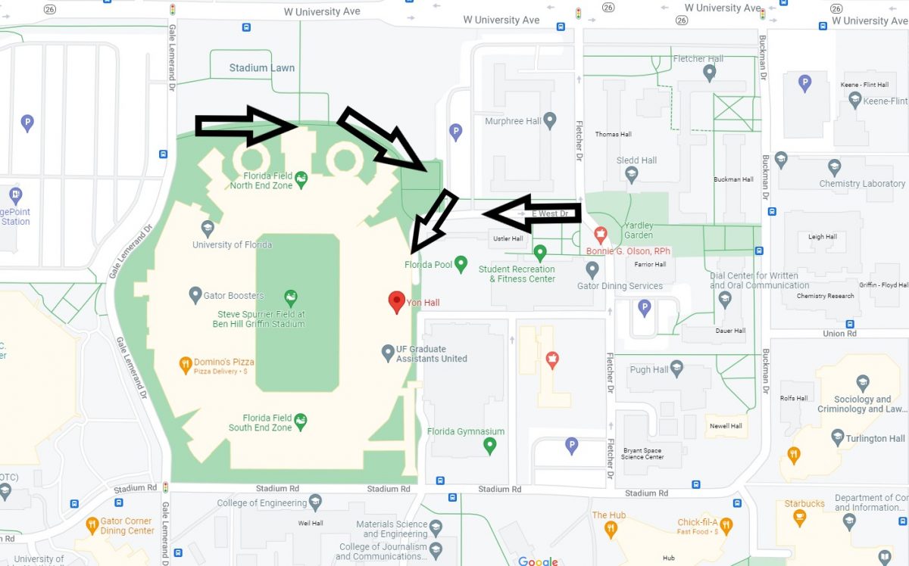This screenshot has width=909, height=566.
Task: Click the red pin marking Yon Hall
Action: pos(395,302)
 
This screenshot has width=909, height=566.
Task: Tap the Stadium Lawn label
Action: pos(262,68)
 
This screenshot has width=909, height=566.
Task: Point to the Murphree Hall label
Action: pos(514,121)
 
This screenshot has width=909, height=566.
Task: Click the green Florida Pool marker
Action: pos(461,264)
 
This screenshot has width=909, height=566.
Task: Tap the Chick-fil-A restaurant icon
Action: pos(726,524)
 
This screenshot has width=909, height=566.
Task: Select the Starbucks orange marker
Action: pos(798,518)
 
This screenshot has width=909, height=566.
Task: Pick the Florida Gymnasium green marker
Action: pos(489,446)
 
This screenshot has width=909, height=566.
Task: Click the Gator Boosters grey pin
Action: pos(195,294)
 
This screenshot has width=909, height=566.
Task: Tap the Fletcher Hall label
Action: pos(698,58)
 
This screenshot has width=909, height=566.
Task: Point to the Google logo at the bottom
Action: pos(538,561)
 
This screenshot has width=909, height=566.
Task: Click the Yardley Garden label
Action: pos(638,230)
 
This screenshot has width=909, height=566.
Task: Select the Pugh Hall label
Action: pos(649,370)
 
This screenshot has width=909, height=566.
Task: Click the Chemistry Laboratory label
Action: pos(862,184)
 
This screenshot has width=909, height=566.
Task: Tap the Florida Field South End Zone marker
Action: pos(301,421)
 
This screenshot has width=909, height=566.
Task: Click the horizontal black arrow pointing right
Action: pos(245,126)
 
